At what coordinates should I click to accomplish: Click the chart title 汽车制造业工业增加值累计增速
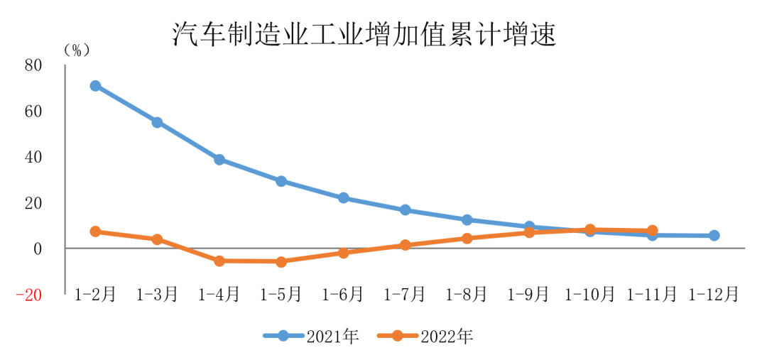(x=364, y=34)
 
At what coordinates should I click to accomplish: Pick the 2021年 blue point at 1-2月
(x=95, y=86)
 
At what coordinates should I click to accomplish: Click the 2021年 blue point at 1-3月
(x=157, y=122)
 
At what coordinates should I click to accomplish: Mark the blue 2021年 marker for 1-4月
(x=219, y=160)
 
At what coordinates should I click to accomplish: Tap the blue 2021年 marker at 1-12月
(x=714, y=236)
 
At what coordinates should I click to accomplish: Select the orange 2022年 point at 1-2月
(x=95, y=231)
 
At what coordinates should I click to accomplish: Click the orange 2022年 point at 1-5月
(x=281, y=262)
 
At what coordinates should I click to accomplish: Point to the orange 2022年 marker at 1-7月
(x=405, y=245)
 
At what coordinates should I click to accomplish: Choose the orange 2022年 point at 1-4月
(x=219, y=261)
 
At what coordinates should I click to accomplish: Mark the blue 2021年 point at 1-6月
(x=343, y=198)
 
